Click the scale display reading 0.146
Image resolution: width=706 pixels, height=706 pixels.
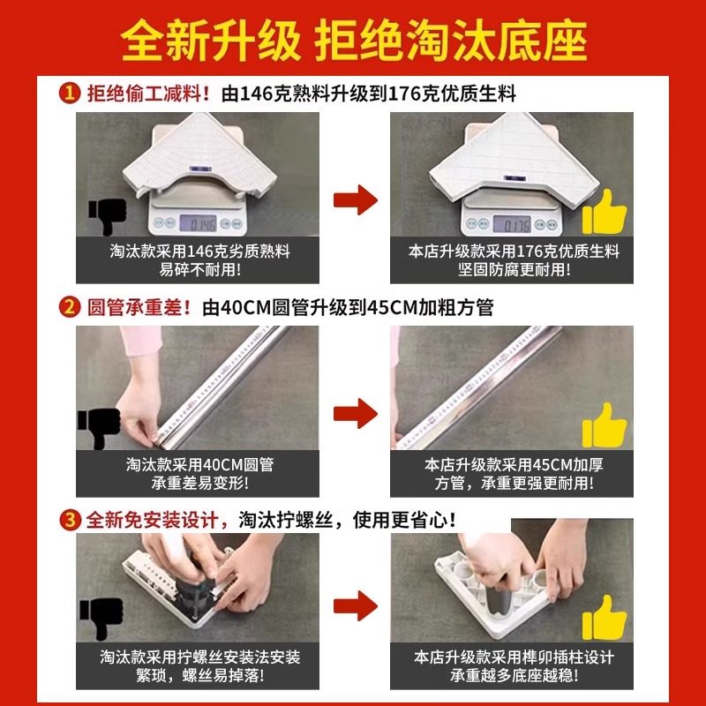coord(198,223)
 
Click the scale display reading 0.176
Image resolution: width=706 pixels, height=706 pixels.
coord(512,224)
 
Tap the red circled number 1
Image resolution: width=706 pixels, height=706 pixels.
coord(70,94)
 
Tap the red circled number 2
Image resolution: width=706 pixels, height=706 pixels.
coord(70,307)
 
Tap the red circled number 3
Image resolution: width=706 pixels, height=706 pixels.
coord(70,521)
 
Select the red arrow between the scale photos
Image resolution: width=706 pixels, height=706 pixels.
coord(356,199)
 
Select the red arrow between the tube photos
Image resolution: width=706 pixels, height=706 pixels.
coord(356,413)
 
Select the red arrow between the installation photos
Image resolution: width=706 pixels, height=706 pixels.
coord(356,605)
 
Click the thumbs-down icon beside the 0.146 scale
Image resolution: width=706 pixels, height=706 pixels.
coord(108,215)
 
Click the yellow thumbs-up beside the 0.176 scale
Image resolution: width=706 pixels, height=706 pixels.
coord(605,212)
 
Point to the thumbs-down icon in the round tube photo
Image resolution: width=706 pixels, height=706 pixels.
coord(99,428)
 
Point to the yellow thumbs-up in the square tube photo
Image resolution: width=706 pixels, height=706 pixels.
coord(605,425)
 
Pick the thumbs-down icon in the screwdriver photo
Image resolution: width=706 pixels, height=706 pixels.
coord(101,619)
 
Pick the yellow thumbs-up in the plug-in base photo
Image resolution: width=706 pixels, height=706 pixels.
coord(605,617)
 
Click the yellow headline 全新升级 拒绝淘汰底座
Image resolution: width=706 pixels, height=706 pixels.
coord(354,41)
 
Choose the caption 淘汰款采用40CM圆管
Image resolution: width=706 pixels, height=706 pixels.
coord(199,464)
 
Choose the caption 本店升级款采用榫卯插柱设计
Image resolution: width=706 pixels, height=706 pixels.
coord(514,657)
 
